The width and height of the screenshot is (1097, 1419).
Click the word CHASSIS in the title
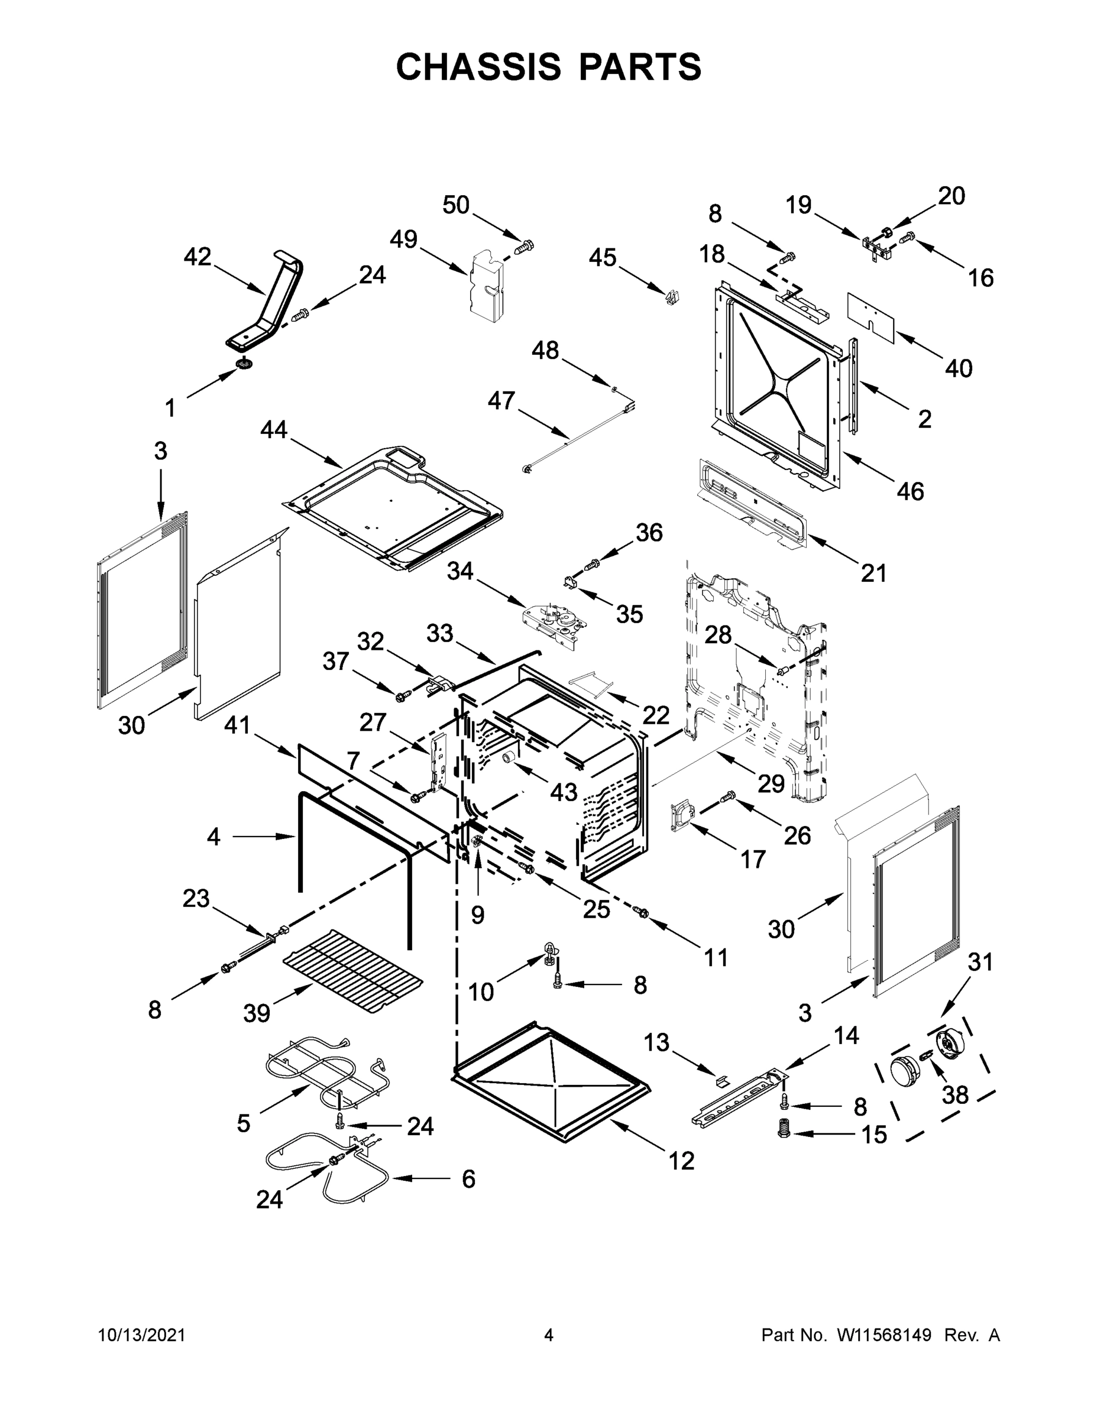pos(478,67)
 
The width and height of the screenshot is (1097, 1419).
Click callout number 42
pos(197,257)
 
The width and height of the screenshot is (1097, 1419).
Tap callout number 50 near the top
pos(455,205)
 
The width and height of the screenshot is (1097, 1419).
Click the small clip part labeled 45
pos(672,297)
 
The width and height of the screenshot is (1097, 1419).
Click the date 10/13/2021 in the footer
pos(142,1334)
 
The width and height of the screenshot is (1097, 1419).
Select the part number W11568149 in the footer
pos(884,1334)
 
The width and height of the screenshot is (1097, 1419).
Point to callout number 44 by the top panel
pos(274,429)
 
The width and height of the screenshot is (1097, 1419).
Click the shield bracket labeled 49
pos(487,286)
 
